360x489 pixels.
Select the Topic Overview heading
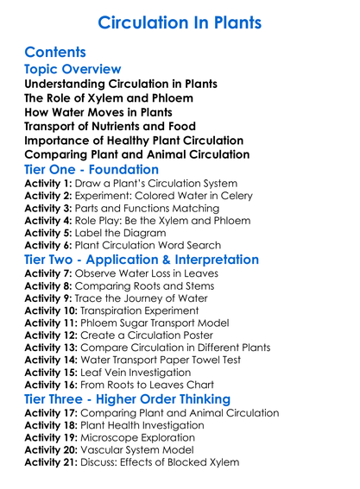[x=73, y=69]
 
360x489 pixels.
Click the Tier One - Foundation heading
[x=92, y=169]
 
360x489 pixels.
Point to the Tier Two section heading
[x=142, y=259]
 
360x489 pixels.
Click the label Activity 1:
[x=49, y=185]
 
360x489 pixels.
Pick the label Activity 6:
[x=49, y=243]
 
